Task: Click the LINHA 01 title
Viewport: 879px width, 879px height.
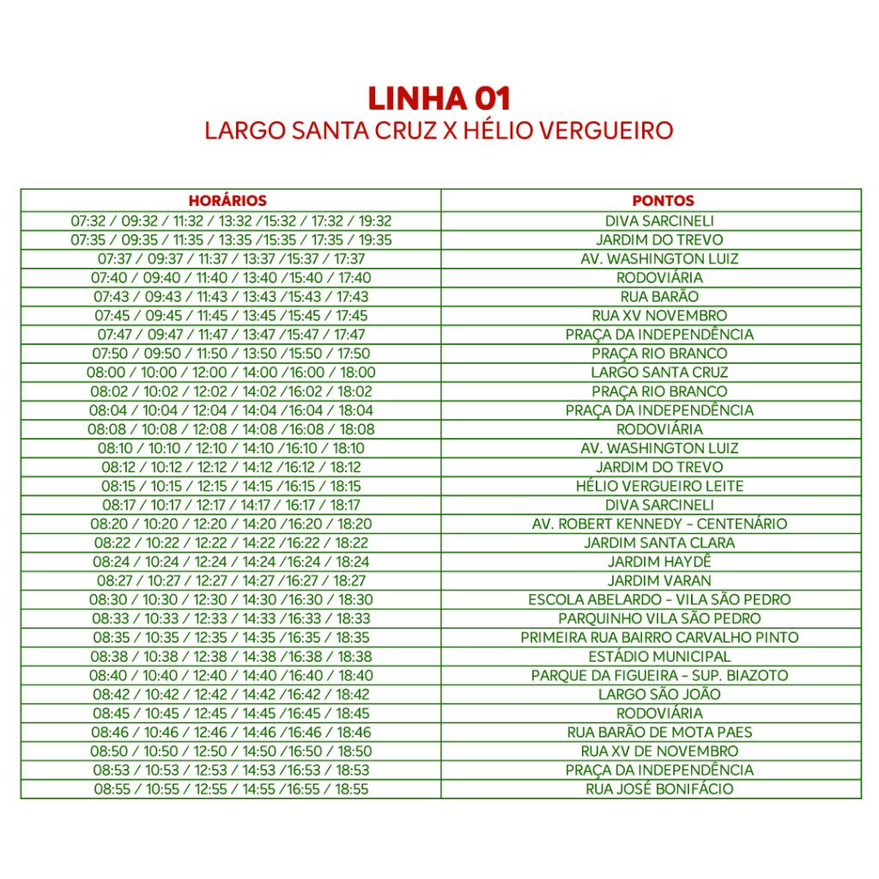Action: coord(439,99)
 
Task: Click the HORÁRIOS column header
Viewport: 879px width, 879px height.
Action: coord(227,201)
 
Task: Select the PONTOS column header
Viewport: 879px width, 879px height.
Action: coord(662,201)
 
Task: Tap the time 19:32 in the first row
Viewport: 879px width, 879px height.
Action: coord(375,221)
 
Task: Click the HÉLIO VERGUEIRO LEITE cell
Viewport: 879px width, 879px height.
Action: coord(659,486)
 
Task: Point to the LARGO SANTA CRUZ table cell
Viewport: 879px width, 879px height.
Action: coord(659,373)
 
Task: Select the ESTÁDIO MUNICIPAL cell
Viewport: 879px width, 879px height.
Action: coord(659,656)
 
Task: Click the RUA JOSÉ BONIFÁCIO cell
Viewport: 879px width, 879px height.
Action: coord(659,789)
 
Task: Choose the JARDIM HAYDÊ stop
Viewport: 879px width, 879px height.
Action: coord(659,561)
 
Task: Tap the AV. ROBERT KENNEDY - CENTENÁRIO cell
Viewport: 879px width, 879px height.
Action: coord(659,524)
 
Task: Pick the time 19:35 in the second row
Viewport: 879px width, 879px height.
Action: coord(375,239)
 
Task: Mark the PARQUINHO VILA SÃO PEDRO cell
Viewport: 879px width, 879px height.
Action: coord(659,618)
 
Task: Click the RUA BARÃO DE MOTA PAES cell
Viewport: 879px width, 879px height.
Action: coord(659,732)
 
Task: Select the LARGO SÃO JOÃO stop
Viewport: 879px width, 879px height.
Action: coord(659,694)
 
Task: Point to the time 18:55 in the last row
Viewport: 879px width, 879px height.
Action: coord(352,789)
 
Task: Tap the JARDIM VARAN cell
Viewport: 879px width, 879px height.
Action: coord(659,580)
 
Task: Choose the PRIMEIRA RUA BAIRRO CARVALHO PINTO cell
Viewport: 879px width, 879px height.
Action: coord(659,637)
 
